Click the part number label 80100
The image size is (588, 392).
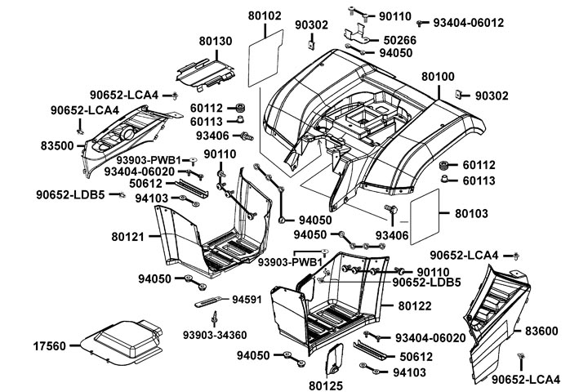click(x=439, y=76)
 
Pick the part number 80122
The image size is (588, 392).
click(x=416, y=306)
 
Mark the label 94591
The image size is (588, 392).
click(x=246, y=299)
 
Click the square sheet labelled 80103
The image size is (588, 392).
click(x=424, y=212)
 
